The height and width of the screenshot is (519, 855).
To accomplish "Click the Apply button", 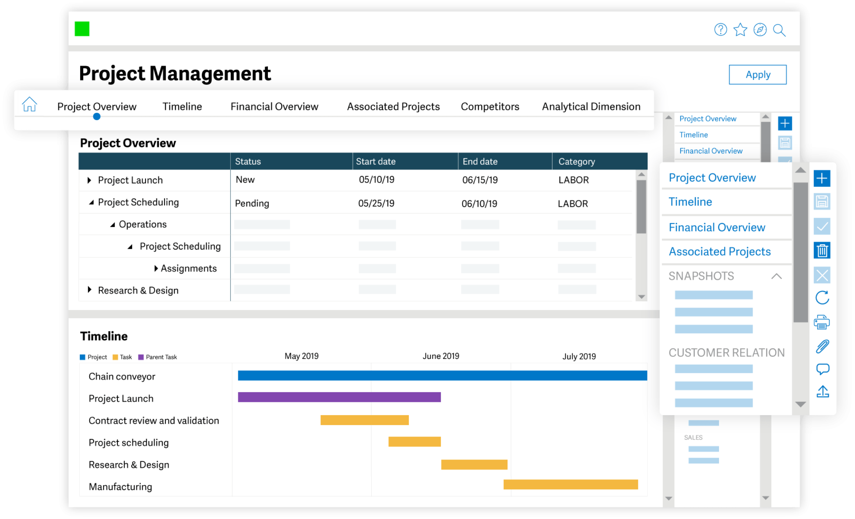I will click(x=757, y=74).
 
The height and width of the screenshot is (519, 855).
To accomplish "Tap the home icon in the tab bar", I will click(x=29, y=104).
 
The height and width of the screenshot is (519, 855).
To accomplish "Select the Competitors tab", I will click(x=490, y=107).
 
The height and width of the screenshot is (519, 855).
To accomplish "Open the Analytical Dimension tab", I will click(x=591, y=107).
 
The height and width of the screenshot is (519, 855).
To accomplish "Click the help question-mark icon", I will click(x=720, y=30).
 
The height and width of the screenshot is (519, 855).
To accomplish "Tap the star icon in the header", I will click(x=740, y=30).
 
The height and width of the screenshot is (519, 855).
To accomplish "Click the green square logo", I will click(x=82, y=29).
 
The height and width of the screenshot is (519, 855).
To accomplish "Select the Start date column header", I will click(x=375, y=161).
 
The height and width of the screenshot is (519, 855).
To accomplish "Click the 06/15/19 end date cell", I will click(x=480, y=180).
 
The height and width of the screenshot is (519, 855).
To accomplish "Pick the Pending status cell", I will click(x=252, y=203).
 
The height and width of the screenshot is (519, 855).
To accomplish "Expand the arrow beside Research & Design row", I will click(x=90, y=290).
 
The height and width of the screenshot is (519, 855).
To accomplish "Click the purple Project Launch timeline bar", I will click(x=339, y=397).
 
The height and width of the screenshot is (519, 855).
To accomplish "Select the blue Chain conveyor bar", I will click(x=442, y=375).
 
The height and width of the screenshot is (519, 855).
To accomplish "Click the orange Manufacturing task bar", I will click(x=570, y=484).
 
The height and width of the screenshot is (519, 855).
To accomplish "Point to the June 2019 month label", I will click(x=440, y=356).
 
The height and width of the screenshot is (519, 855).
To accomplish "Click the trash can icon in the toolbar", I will click(x=821, y=250).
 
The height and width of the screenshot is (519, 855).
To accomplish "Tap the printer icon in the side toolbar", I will click(x=821, y=322).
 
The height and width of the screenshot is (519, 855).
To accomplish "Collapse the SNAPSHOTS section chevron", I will click(x=776, y=276).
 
